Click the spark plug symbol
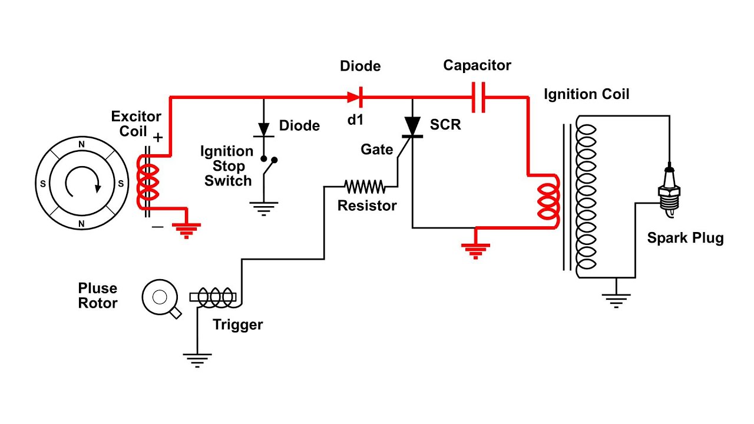(x=669, y=188)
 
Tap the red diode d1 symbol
(x=355, y=96)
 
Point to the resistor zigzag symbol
(x=365, y=187)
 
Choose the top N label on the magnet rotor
(x=81, y=143)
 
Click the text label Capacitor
(x=477, y=65)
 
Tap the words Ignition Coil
(x=586, y=94)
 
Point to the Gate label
(x=376, y=150)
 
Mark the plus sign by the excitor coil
(x=158, y=137)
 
